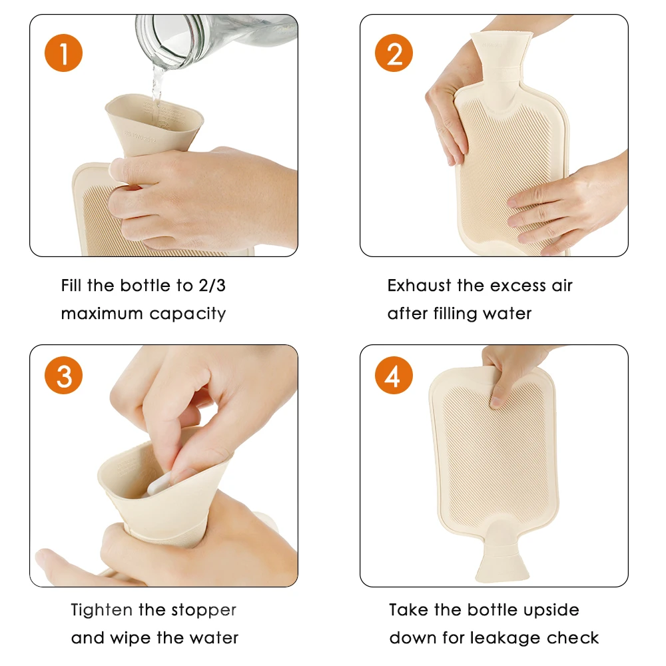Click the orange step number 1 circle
point(64,53)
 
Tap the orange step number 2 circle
point(394,53)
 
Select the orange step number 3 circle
point(64,376)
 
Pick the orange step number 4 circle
point(394,376)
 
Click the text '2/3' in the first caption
point(216,286)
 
